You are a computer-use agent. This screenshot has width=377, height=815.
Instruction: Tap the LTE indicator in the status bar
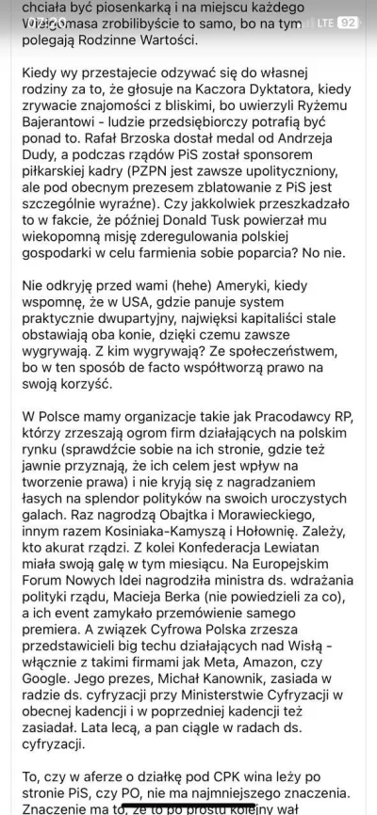[x=322, y=21]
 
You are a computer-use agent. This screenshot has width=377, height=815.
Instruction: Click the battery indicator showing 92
[x=348, y=21]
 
